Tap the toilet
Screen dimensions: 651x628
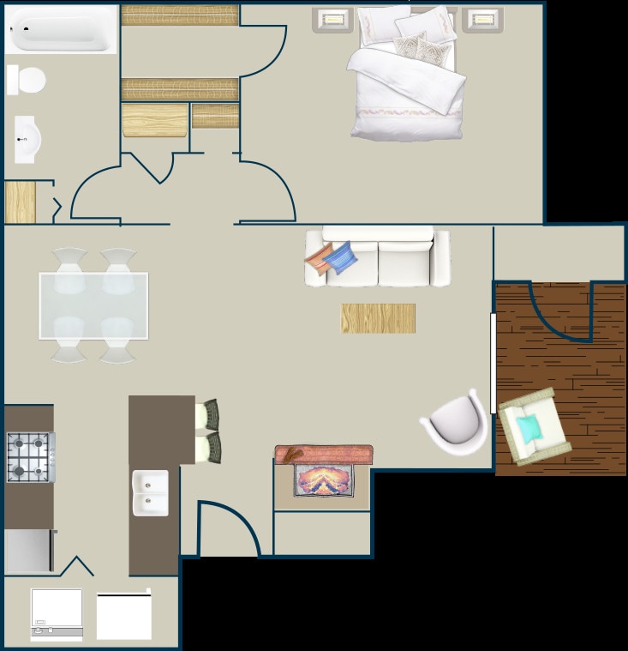click(27, 81)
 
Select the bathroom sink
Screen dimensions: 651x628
click(27, 139)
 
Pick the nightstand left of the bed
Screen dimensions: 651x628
click(333, 19)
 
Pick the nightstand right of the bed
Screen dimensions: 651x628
click(482, 19)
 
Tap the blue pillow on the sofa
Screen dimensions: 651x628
click(342, 257)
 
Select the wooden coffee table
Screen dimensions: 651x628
click(378, 318)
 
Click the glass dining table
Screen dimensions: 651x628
click(93, 305)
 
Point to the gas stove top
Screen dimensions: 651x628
click(30, 457)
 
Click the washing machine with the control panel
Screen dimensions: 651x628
click(57, 613)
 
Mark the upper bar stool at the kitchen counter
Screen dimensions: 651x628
click(210, 415)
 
